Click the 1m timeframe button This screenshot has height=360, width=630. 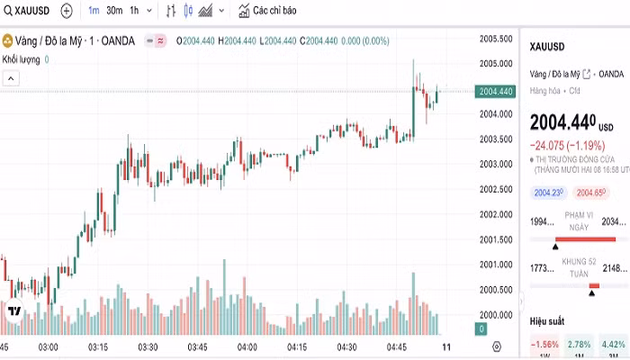pos(94,11)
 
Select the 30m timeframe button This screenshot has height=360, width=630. pos(114,11)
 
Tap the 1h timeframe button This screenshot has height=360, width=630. pos(134,11)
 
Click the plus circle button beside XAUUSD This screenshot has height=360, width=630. pos(67,11)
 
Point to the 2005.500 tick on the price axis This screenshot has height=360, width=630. pos(496,39)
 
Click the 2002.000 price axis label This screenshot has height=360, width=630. pos(496,214)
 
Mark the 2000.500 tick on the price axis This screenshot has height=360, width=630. pos(496,290)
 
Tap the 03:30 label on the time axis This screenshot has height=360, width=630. pos(148,346)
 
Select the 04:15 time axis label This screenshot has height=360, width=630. pos(296,346)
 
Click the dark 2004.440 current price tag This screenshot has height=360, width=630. pos(496,91)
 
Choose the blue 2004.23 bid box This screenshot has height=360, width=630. pos(548,193)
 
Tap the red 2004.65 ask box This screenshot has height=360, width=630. pos(590,193)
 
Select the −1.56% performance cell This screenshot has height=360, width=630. pos(544,345)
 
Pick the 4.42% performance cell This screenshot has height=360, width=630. pos(613,345)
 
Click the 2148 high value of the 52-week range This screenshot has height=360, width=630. pos(616,267)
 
